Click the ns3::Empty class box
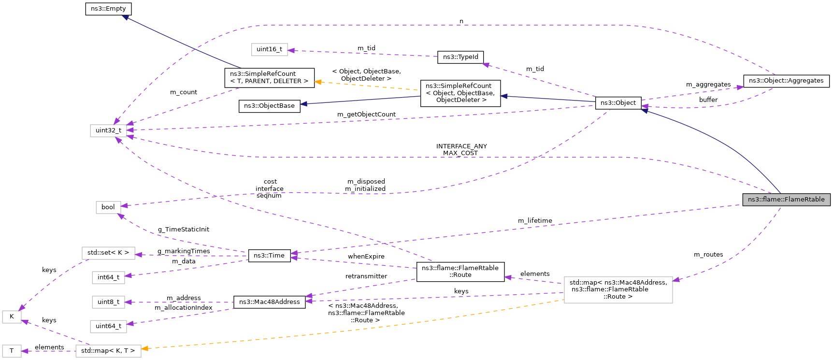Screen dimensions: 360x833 [108, 9]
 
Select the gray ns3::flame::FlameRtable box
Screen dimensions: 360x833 [786, 200]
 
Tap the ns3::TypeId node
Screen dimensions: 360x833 [460, 57]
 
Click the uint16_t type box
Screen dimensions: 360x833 [269, 49]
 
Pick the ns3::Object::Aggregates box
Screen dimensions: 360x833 [786, 81]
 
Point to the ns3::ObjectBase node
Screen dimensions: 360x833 [269, 106]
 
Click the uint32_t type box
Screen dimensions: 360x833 [108, 130]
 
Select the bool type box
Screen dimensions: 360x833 [108, 207]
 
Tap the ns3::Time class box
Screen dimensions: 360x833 [269, 256]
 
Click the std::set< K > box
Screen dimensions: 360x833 [108, 253]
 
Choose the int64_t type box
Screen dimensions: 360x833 [108, 277]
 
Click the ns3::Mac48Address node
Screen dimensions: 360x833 [269, 302]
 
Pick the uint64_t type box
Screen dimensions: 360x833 [108, 326]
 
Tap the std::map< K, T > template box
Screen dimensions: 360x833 [108, 351]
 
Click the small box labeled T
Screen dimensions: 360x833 [12, 351]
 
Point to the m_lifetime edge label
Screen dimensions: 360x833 [535, 221]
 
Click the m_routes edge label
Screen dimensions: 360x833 [708, 255]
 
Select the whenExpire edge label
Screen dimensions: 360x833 [366, 257]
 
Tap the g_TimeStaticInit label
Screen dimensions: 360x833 [184, 230]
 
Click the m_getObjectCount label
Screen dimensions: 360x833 [366, 115]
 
